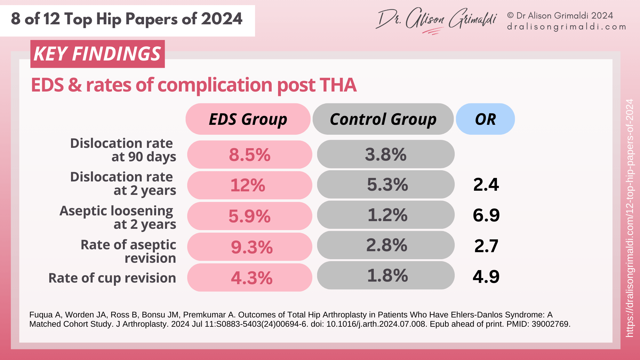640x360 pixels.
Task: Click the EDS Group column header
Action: [248, 119]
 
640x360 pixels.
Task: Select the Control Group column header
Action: [383, 119]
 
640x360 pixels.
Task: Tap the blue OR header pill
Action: [485, 119]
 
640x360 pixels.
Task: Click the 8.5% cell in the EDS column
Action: [250, 155]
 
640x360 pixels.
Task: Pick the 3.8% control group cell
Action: [386, 154]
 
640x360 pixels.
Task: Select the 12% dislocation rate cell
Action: [248, 185]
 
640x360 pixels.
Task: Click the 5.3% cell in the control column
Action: [387, 185]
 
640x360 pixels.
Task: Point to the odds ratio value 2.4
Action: [486, 185]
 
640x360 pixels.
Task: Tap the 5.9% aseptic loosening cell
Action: [250, 216]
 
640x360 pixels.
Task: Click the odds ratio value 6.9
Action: [486, 215]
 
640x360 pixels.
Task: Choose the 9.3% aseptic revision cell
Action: [252, 247]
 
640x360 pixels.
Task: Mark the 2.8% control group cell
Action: [387, 245]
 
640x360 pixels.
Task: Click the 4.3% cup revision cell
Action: [252, 278]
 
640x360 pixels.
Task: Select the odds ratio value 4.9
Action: [486, 276]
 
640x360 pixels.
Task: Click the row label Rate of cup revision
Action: [112, 278]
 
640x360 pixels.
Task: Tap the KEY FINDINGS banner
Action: [97, 54]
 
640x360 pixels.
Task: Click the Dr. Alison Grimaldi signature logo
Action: [437, 20]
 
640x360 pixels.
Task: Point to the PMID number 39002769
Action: [550, 324]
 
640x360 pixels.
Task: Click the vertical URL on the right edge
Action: [629, 218]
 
